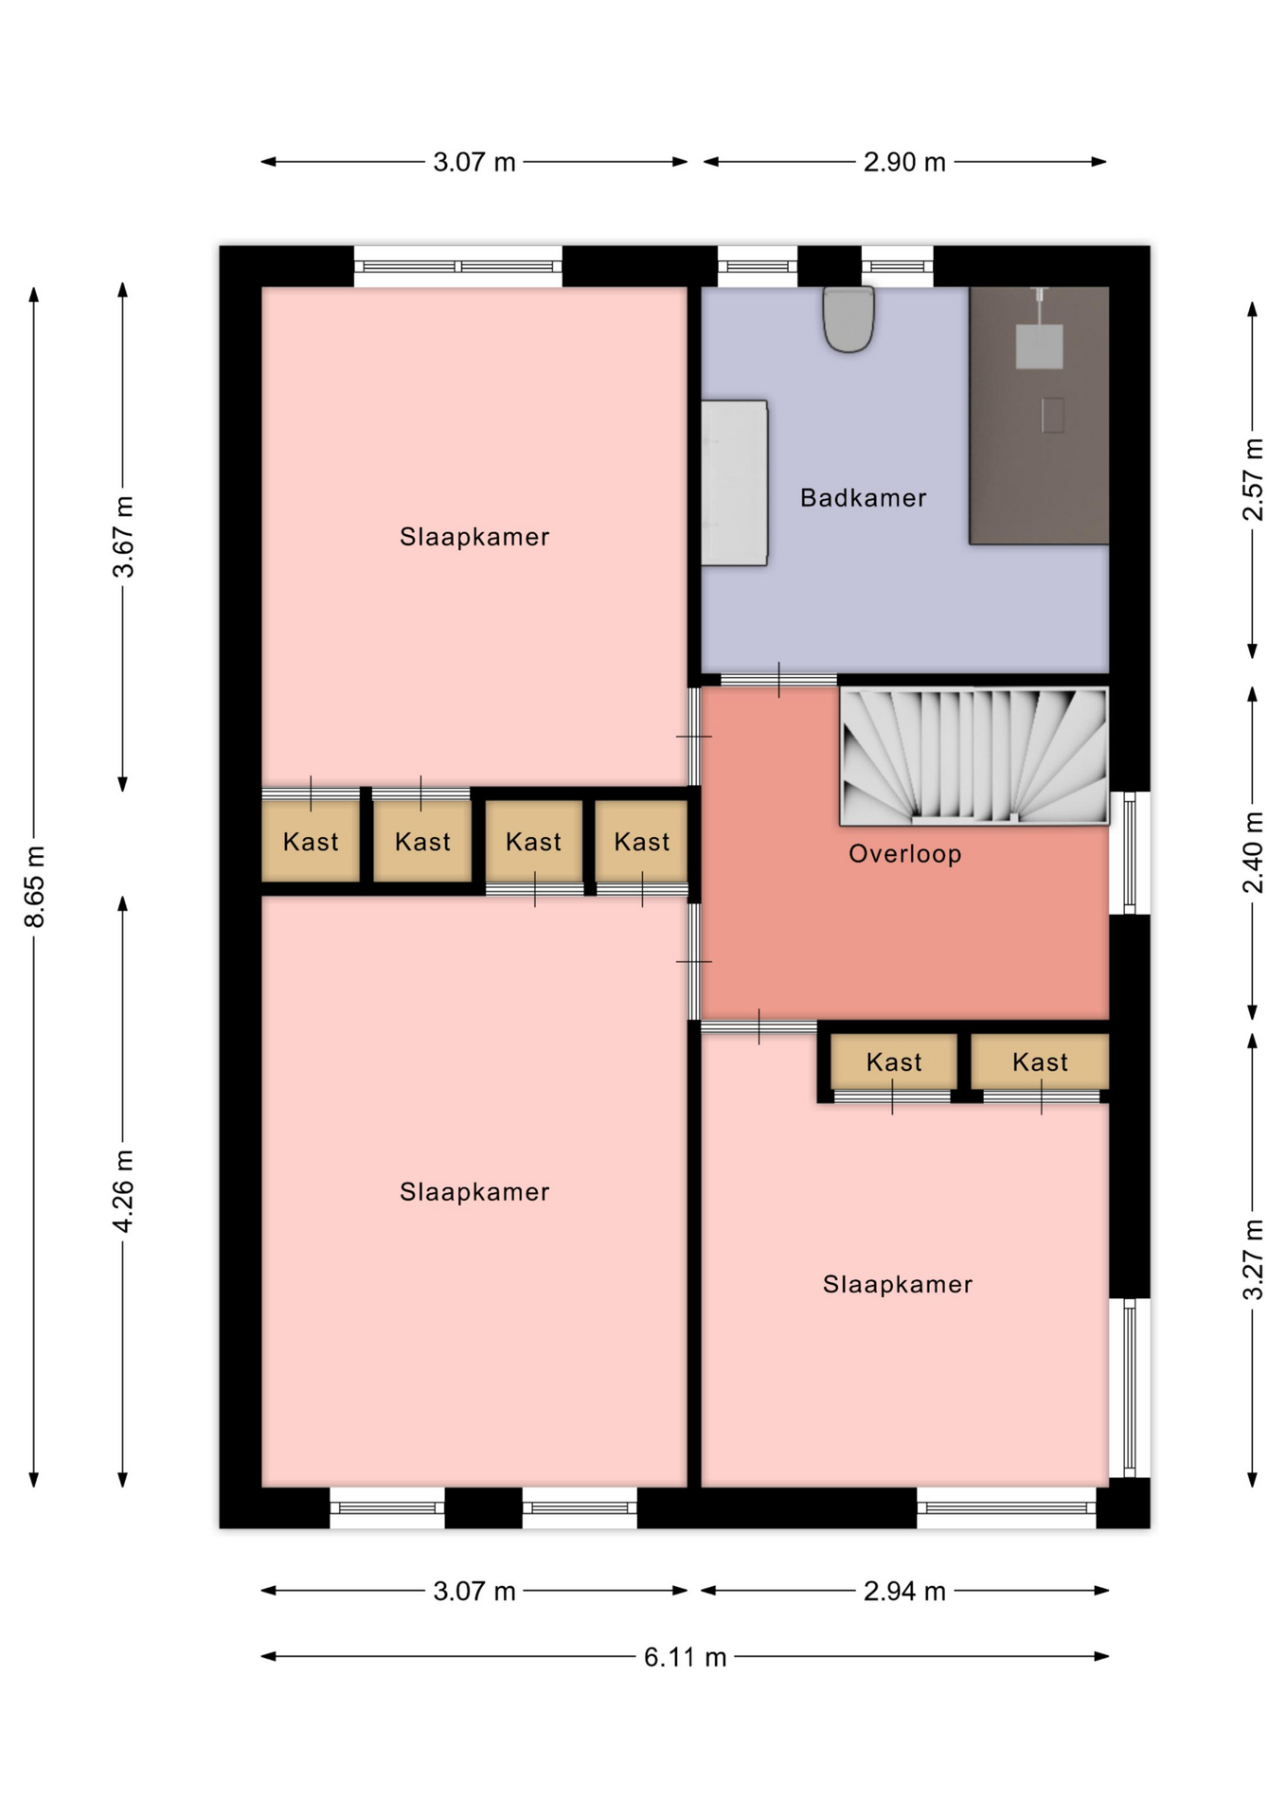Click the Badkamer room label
pyautogui.click(x=863, y=498)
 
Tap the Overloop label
pyautogui.click(x=904, y=854)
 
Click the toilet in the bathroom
pyautogui.click(x=848, y=319)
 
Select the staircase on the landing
pyautogui.click(x=973, y=756)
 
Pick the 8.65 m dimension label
pyautogui.click(x=35, y=886)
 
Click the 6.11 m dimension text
pyautogui.click(x=685, y=1657)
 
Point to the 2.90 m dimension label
pyautogui.click(x=904, y=162)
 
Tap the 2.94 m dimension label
pyautogui.click(x=904, y=1591)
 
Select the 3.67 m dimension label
pyautogui.click(x=123, y=536)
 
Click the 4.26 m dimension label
pyautogui.click(x=123, y=1191)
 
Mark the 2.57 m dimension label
pyautogui.click(x=1253, y=479)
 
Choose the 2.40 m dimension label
pyautogui.click(x=1253, y=852)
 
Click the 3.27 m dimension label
pyautogui.click(x=1253, y=1259)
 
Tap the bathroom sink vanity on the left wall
pyautogui.click(x=734, y=483)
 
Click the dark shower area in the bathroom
pyautogui.click(x=1039, y=415)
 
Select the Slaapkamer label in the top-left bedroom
pyautogui.click(x=474, y=537)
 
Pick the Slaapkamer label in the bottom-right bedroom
pyautogui.click(x=897, y=1284)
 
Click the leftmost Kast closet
pyautogui.click(x=311, y=841)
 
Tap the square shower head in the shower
pyautogui.click(x=1039, y=346)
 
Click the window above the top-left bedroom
pyautogui.click(x=458, y=266)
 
